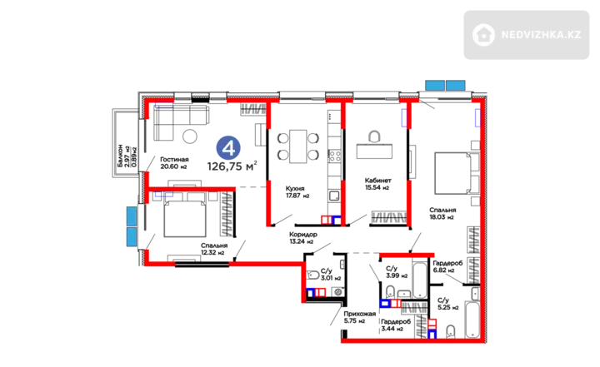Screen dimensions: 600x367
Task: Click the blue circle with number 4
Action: pos(228,148)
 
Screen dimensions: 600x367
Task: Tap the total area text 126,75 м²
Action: pos(232,166)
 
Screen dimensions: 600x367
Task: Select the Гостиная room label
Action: pos(174,160)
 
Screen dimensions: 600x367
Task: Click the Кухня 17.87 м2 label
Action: pos(297,192)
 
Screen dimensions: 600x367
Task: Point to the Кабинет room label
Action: pos(377,180)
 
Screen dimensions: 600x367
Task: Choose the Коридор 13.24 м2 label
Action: pos(302,238)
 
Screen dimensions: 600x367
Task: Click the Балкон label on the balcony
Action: pos(120,156)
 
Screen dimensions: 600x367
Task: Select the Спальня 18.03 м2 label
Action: pos(442,213)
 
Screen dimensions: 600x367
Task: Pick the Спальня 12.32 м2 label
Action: pos(214,249)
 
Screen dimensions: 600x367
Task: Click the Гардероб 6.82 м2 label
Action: pos(447,266)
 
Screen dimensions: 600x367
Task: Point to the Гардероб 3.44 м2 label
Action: pos(396,325)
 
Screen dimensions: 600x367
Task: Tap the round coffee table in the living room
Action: pos(189,136)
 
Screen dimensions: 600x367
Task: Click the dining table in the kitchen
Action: pos(298,146)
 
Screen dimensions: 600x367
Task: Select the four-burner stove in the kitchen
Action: pos(335,156)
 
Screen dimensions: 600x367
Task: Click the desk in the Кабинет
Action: pos(374,151)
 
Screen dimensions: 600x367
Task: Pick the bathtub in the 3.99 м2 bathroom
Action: pos(420,280)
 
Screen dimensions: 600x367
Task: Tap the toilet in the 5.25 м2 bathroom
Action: pos(451,331)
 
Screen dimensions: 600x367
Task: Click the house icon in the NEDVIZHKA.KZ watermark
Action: pos(483,35)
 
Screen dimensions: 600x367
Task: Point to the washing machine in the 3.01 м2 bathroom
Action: pos(337,292)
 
